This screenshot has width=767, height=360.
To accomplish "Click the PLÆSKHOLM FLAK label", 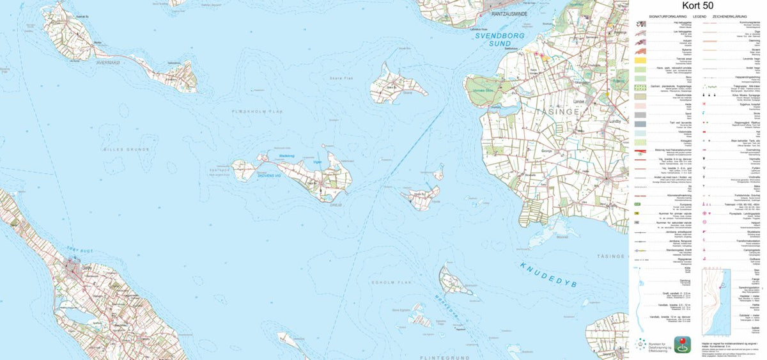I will point(258,111).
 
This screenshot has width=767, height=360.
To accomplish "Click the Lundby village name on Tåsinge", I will point(616,119).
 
